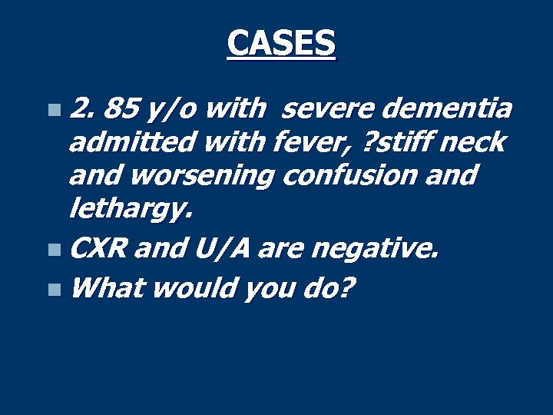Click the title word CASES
click(281, 43)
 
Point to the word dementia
click(445, 110)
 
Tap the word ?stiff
click(391, 142)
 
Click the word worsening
click(200, 175)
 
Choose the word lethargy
click(127, 207)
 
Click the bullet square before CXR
click(51, 249)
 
